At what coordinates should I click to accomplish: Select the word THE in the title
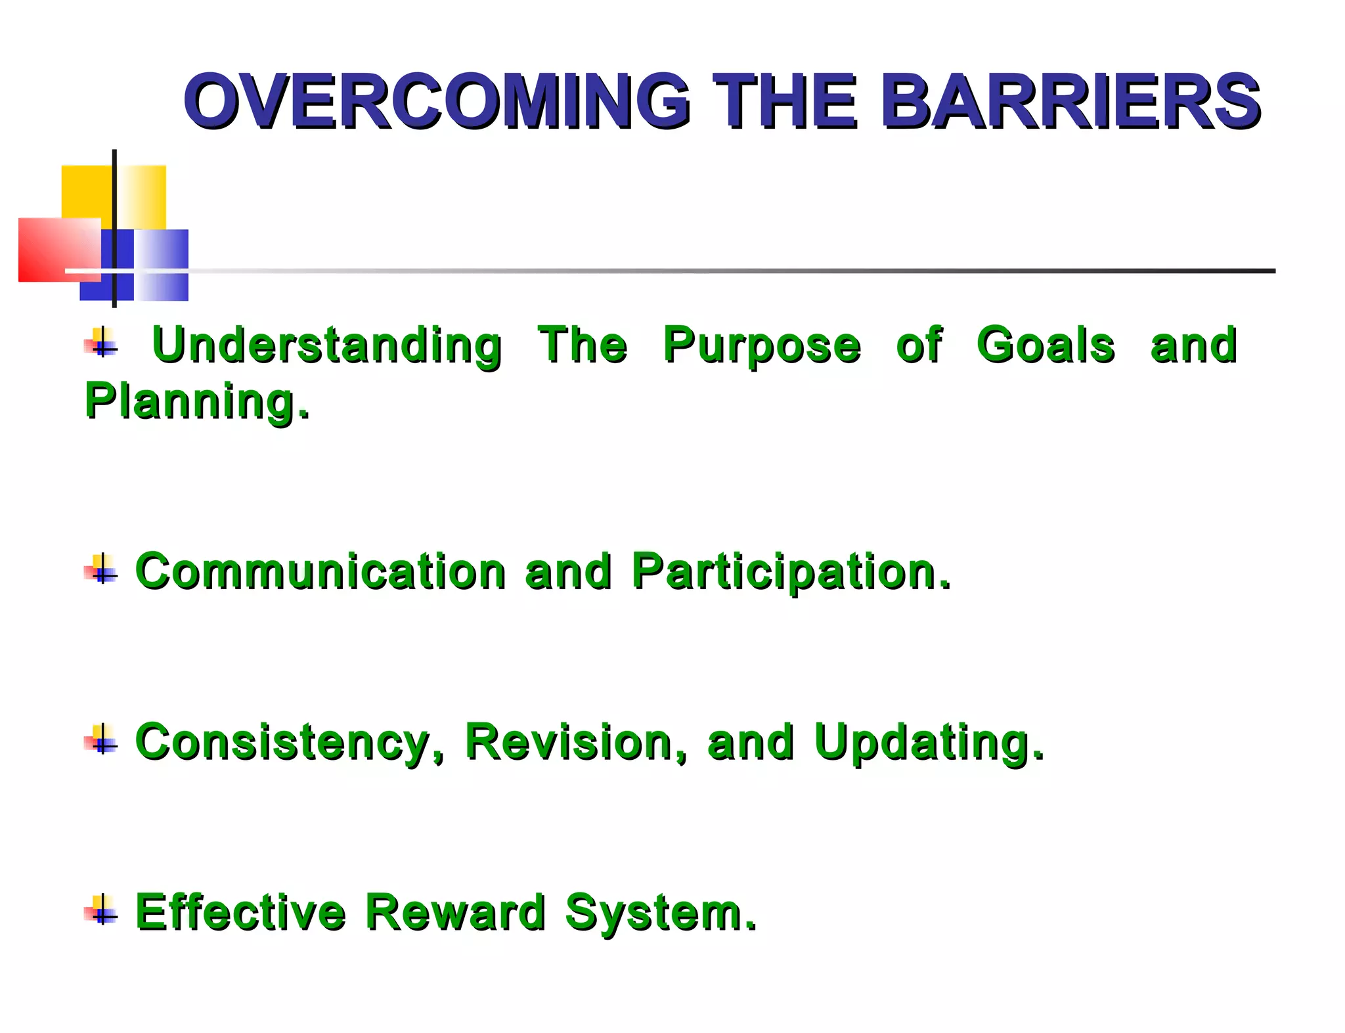[785, 102]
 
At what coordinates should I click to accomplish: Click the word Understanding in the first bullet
[326, 345]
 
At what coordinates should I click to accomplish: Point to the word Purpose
[761, 347]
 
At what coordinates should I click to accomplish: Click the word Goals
[1045, 345]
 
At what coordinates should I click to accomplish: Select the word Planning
[197, 401]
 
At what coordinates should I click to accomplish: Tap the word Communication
[320, 571]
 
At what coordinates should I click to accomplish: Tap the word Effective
[240, 912]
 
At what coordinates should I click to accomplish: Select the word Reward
[455, 912]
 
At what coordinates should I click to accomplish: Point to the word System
[661, 913]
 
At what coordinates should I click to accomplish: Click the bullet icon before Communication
[101, 569]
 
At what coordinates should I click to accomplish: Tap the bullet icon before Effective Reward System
[101, 910]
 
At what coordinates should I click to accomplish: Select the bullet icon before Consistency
[101, 740]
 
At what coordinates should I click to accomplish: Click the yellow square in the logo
[85, 190]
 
